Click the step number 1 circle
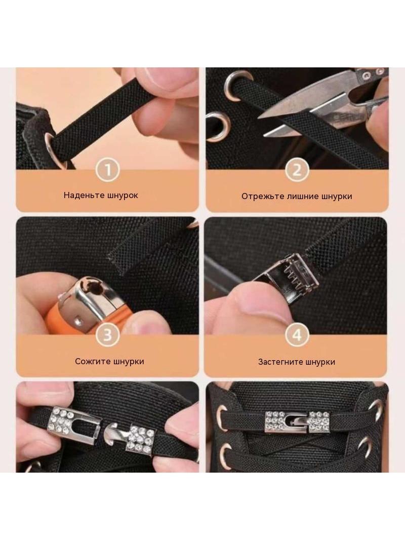tap(108, 170)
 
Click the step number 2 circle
tap(297, 170)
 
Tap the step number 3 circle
tap(108, 334)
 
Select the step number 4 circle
tap(297, 335)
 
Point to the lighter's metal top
tap(91, 293)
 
